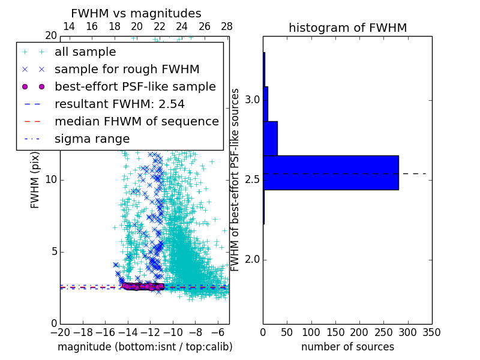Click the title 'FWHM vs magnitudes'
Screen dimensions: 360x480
(x=136, y=14)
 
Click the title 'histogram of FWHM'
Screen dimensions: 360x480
(x=347, y=28)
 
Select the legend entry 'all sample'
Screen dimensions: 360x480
(x=85, y=52)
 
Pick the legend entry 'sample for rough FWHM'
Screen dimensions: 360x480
(x=127, y=70)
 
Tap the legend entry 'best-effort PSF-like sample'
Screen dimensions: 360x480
(x=135, y=87)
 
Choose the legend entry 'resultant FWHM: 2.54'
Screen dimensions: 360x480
(x=119, y=104)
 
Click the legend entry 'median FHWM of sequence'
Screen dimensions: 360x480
(x=136, y=122)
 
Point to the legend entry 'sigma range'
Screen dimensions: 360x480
(x=92, y=139)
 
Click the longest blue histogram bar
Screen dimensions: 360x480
(x=331, y=173)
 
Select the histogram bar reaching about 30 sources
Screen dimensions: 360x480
(x=270, y=138)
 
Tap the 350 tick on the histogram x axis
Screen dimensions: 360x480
(x=432, y=332)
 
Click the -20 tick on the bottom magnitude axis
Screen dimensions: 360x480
(x=60, y=332)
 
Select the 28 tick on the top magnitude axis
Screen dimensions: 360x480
(x=227, y=26)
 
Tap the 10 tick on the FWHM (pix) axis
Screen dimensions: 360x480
(x=50, y=180)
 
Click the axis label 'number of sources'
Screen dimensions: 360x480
(x=347, y=347)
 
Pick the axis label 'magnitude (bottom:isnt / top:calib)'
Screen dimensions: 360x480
(x=145, y=347)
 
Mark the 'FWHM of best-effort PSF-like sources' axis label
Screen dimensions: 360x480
(x=235, y=180)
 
